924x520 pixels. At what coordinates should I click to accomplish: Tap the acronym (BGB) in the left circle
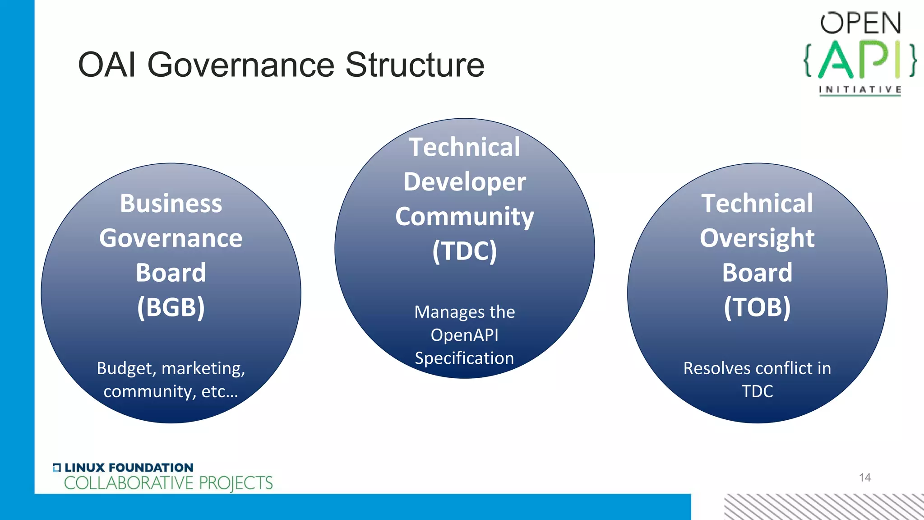pyautogui.click(x=171, y=307)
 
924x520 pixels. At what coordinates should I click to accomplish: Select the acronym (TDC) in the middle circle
pyautogui.click(x=464, y=251)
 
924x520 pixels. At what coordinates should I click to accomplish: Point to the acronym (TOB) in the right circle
pyautogui.click(x=757, y=307)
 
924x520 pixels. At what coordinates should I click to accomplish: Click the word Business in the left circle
pyautogui.click(x=171, y=204)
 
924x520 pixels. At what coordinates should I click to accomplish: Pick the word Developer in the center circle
pyautogui.click(x=464, y=182)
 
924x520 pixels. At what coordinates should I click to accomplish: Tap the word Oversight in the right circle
pyautogui.click(x=757, y=238)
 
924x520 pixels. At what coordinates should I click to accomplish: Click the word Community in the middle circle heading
pyautogui.click(x=464, y=217)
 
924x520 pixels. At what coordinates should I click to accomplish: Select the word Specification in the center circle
pyautogui.click(x=464, y=358)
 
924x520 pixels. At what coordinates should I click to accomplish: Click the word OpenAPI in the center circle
pyautogui.click(x=464, y=335)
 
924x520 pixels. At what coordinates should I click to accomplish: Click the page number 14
pyautogui.click(x=864, y=478)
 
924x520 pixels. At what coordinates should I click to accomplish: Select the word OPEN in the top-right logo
pyautogui.click(x=860, y=23)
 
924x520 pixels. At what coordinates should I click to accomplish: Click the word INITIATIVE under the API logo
pyautogui.click(x=860, y=89)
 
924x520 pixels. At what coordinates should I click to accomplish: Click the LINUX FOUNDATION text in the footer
pyautogui.click(x=129, y=468)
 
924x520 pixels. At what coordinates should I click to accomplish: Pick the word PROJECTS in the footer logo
pyautogui.click(x=236, y=483)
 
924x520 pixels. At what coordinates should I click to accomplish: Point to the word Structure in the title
pyautogui.click(x=415, y=65)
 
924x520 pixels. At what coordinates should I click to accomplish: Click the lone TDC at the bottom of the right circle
pyautogui.click(x=757, y=391)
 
